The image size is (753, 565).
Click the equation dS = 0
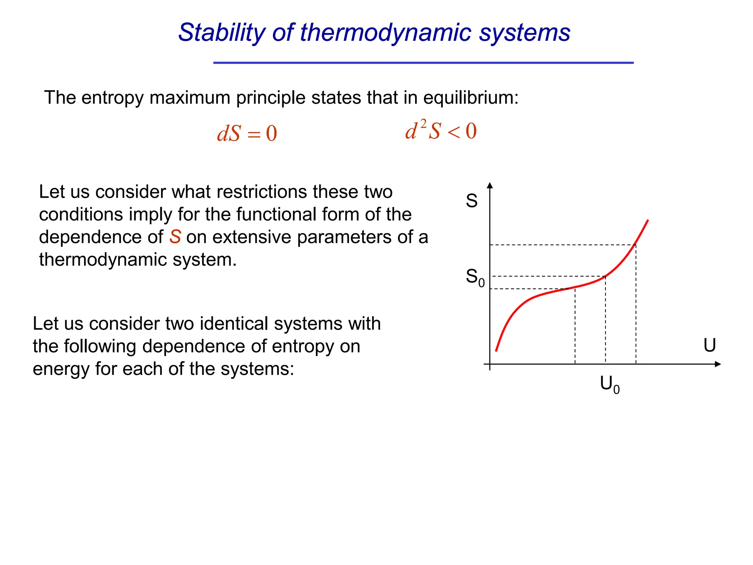[x=247, y=133]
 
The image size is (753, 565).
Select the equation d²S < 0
[x=440, y=131]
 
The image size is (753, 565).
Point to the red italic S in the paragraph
[x=175, y=237]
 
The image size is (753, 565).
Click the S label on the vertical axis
[x=471, y=201]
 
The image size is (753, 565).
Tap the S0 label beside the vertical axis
[x=475, y=277]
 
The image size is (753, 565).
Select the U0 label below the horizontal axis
[x=609, y=385]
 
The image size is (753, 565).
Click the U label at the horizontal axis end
[x=709, y=345]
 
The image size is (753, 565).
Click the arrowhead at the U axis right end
[x=718, y=364]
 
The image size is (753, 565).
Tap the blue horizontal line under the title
[x=423, y=63]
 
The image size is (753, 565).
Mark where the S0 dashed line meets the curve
[x=605, y=276]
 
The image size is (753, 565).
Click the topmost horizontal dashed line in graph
[x=563, y=245]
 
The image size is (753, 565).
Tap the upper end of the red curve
[x=647, y=220]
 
